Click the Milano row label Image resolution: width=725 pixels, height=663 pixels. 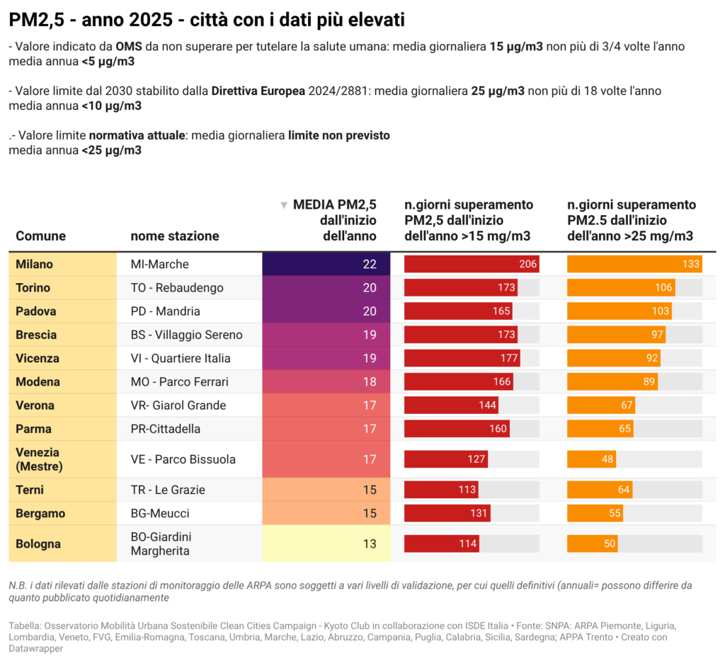coord(35,264)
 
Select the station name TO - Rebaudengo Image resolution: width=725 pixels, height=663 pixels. coord(177,287)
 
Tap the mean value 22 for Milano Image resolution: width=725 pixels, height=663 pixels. coord(369,264)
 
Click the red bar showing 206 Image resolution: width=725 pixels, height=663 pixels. coord(472,264)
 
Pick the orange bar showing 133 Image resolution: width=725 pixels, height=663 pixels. coord(634,264)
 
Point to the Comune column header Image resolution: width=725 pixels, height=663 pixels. coord(40,236)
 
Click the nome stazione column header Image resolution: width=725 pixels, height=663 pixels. coord(175,236)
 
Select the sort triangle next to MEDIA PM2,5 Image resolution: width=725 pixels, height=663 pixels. coord(284,205)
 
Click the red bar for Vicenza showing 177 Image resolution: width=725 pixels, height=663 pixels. coord(462,358)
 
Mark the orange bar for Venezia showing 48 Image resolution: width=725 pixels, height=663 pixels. coord(591,459)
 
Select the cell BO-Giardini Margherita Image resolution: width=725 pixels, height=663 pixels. coord(161,544)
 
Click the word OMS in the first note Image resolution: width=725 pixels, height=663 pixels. coord(129,46)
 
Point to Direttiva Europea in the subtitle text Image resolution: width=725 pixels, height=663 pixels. coord(258,91)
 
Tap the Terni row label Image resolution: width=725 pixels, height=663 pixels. coord(30,490)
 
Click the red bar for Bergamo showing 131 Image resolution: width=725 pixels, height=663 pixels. coord(447,513)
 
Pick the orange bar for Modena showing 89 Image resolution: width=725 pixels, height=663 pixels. coord(612,381)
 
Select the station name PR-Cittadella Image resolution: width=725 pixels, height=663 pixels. coord(166,429)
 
